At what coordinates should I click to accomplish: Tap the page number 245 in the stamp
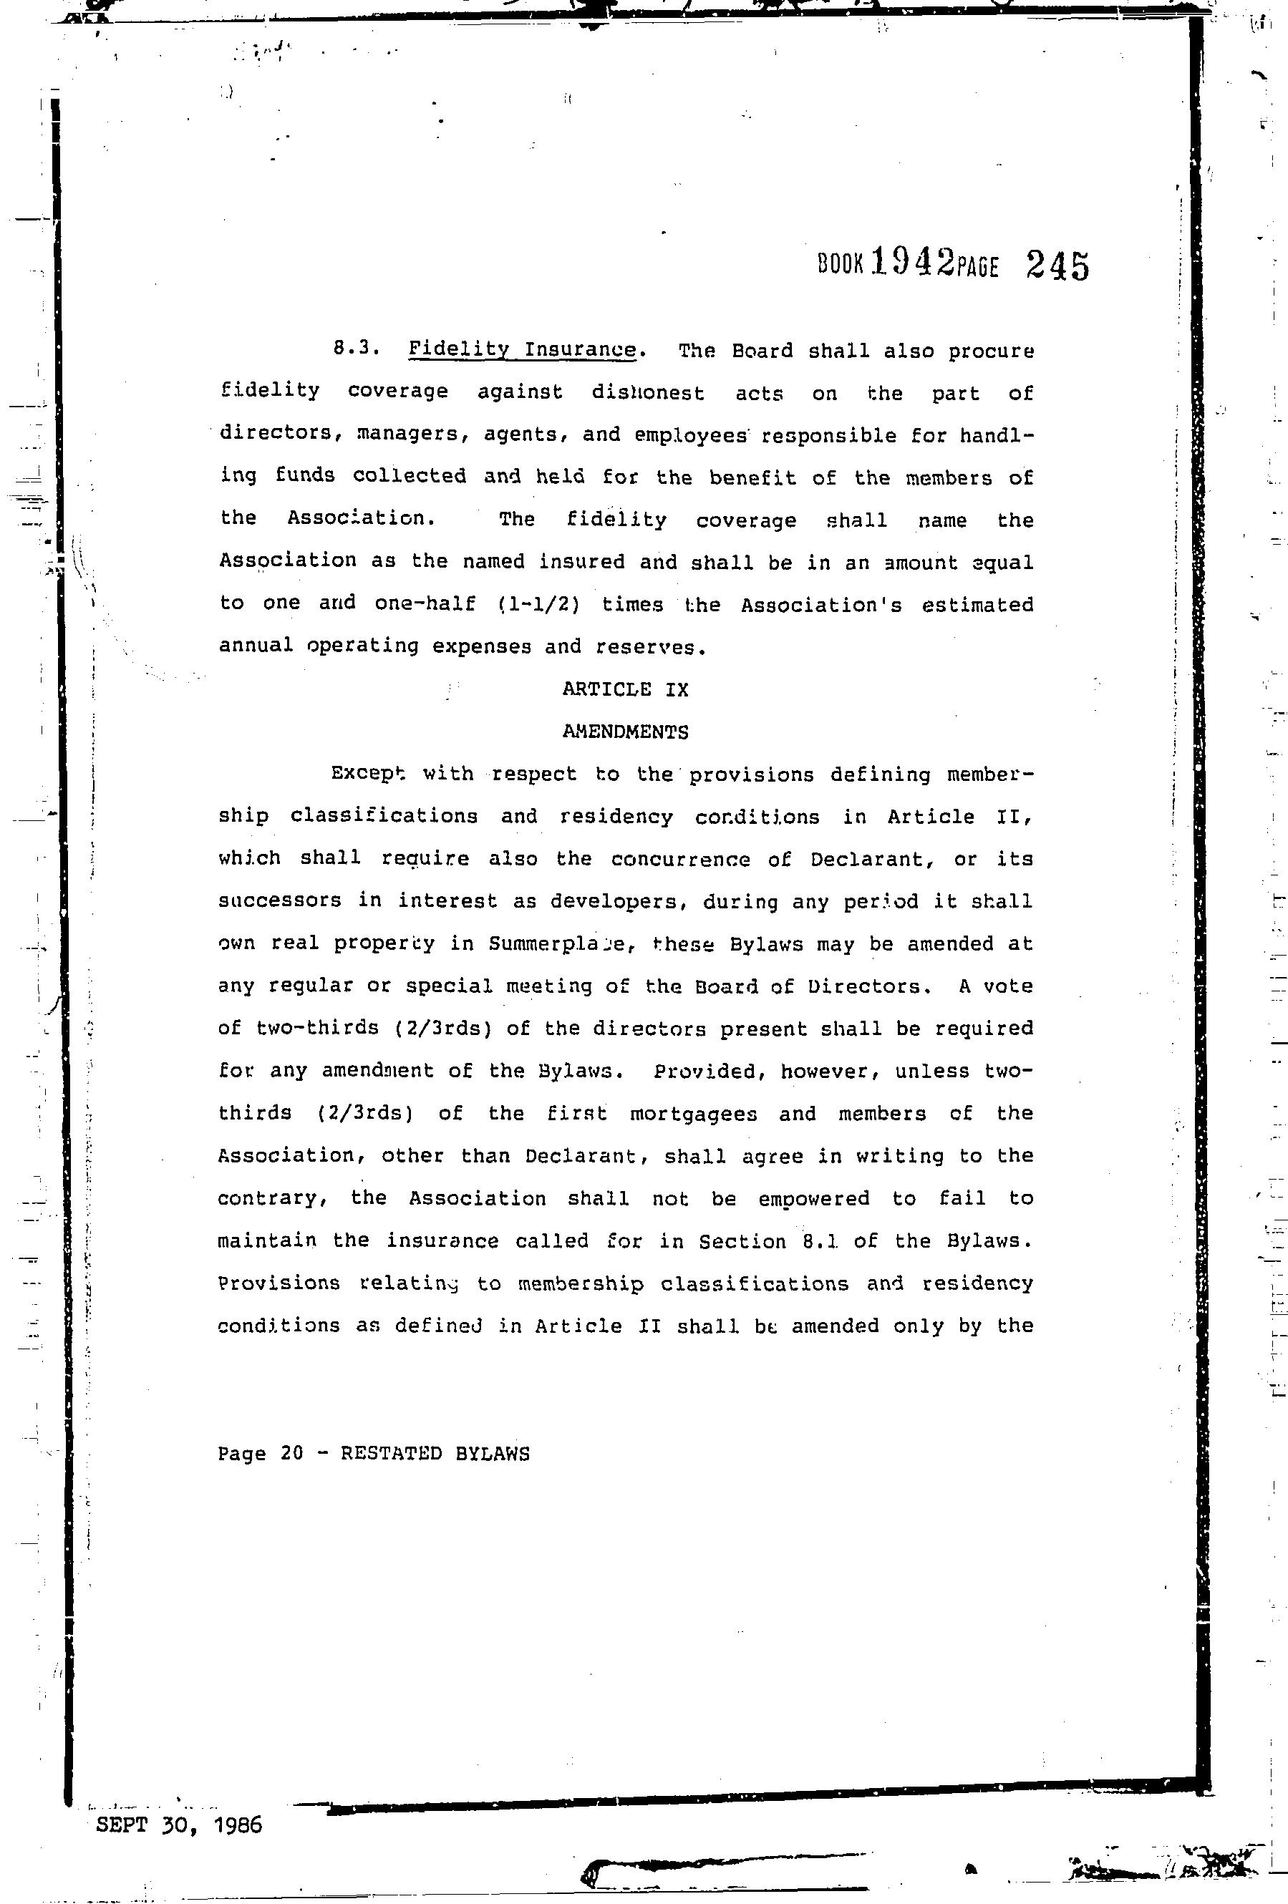coord(1057,266)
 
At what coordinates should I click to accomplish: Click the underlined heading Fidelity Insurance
coord(522,350)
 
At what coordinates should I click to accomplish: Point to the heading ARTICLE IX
coord(625,690)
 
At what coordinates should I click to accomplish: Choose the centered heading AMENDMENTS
coord(625,732)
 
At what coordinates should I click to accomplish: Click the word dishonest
coord(647,393)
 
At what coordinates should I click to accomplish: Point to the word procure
coord(991,351)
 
